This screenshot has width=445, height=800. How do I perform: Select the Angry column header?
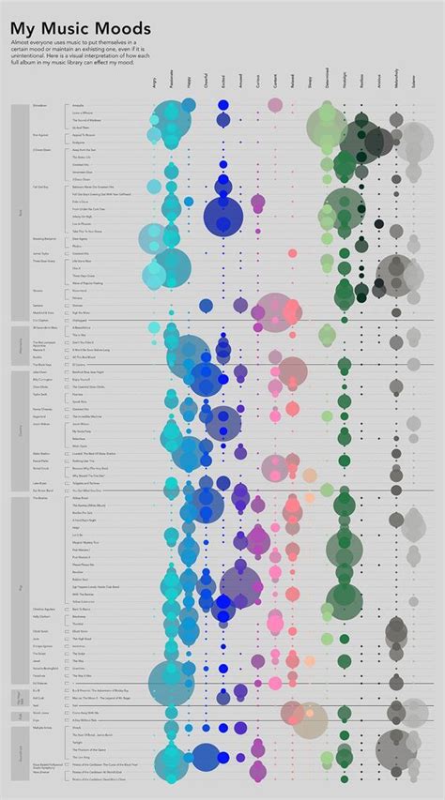tap(153, 86)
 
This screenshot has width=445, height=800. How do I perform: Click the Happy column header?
tap(189, 86)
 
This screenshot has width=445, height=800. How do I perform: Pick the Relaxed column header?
tap(292, 85)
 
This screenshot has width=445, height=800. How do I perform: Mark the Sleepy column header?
tap(309, 86)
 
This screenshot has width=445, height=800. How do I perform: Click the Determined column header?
tap(327, 83)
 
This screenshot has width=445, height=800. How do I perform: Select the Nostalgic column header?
tap(344, 84)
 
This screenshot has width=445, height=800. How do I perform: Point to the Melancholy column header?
tap(395, 83)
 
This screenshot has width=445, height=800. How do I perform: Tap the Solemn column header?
tap(413, 86)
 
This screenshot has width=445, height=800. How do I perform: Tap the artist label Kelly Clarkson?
tap(41, 616)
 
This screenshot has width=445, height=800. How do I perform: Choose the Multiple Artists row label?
tap(42, 727)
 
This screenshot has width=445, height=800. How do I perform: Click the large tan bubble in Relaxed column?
tap(309, 719)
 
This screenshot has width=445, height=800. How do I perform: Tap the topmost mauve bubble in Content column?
tap(275, 105)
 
